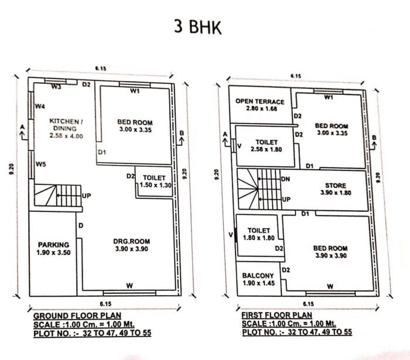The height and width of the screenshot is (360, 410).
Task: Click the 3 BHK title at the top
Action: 199,27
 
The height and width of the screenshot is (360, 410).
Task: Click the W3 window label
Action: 56,87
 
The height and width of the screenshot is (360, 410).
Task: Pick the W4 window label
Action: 40,107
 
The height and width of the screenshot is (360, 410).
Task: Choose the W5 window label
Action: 40,164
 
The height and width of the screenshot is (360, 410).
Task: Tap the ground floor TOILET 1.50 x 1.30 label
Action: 154,181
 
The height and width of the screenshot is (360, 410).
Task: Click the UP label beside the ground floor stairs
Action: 86,195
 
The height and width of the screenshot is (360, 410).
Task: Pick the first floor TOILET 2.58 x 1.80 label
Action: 266,146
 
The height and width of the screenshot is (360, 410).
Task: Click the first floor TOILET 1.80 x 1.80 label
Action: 258,235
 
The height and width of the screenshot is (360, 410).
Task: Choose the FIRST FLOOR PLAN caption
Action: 276,315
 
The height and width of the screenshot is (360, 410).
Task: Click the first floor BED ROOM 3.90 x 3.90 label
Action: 331,252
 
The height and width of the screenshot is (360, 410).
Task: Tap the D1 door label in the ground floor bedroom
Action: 101,152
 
